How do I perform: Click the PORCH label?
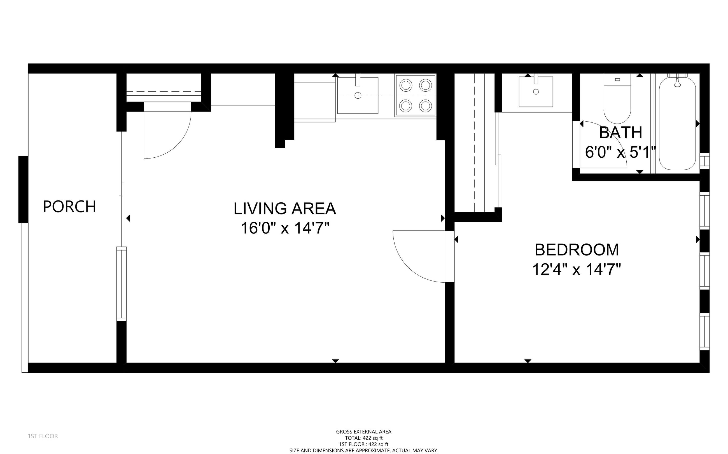[x=69, y=207]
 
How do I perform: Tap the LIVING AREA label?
[x=284, y=209]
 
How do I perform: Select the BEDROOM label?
[x=577, y=250]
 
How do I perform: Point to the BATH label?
[x=621, y=133]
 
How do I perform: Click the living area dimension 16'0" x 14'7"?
[x=285, y=228]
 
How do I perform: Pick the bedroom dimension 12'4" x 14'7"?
[x=577, y=269]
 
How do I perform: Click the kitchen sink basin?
[x=358, y=96]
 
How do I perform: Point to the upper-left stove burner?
[x=406, y=85]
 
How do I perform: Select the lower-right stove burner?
[x=426, y=106]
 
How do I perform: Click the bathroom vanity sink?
[x=536, y=92]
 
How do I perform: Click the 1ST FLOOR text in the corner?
[x=43, y=436]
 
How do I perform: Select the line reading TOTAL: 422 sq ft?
[x=363, y=438]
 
